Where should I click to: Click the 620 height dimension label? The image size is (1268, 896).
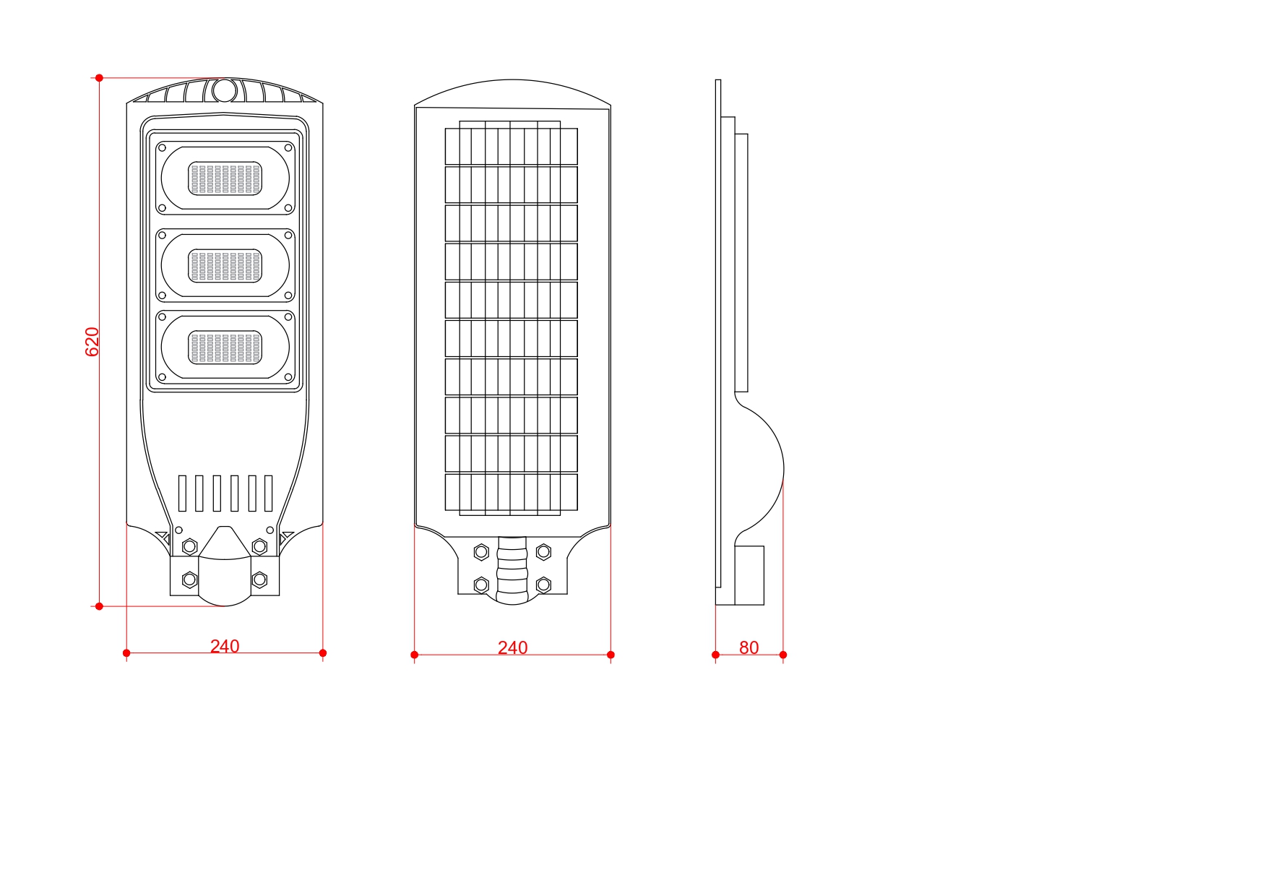click(92, 342)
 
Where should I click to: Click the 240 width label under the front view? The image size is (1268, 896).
click(225, 646)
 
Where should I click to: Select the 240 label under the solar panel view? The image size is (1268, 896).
click(512, 648)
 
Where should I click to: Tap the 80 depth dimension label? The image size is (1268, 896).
click(749, 648)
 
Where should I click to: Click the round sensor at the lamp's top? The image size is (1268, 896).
click(224, 91)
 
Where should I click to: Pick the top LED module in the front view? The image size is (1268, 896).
click(225, 178)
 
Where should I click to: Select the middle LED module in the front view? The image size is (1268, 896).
click(225, 265)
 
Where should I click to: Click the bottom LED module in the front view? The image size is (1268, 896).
click(225, 347)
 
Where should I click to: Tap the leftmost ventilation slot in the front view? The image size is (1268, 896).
click(182, 494)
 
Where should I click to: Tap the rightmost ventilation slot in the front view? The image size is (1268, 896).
click(269, 494)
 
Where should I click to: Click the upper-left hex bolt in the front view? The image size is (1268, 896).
click(190, 546)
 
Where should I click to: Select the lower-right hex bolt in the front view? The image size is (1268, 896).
click(259, 580)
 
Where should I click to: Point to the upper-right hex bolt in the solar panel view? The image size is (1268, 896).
click(544, 552)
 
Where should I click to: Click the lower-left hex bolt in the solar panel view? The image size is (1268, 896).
click(481, 585)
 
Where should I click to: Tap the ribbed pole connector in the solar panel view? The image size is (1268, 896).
click(512, 570)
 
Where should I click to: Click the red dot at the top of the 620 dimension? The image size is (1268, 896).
click(100, 78)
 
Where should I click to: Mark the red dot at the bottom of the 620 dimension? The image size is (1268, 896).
click(100, 606)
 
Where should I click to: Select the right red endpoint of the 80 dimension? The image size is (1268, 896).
click(783, 655)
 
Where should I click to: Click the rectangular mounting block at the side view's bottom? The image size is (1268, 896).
click(749, 575)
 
